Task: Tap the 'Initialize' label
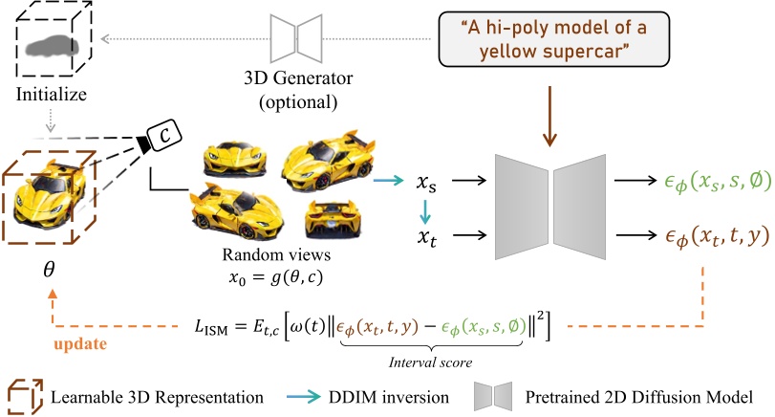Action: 54,97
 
